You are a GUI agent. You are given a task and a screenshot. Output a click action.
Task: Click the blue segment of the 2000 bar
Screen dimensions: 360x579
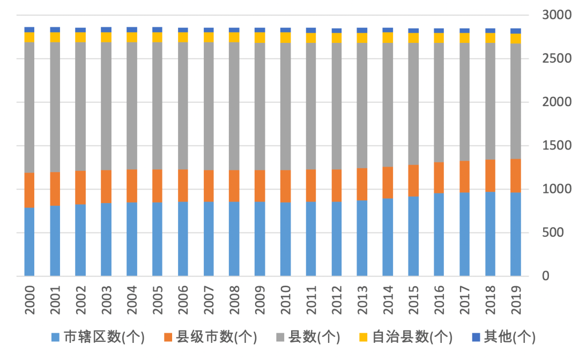[x=29, y=242]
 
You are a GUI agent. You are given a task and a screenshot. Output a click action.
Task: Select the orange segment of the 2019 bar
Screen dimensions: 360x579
[x=515, y=176]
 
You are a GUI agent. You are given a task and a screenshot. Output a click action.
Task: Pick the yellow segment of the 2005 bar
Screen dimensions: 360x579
[x=157, y=37]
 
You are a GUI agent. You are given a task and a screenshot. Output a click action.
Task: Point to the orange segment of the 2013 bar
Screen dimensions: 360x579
[x=362, y=184]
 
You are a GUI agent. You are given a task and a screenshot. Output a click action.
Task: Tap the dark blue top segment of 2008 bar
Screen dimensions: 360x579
[x=234, y=30]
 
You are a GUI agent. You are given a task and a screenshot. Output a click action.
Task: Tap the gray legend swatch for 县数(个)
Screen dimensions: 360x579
[x=279, y=337]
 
